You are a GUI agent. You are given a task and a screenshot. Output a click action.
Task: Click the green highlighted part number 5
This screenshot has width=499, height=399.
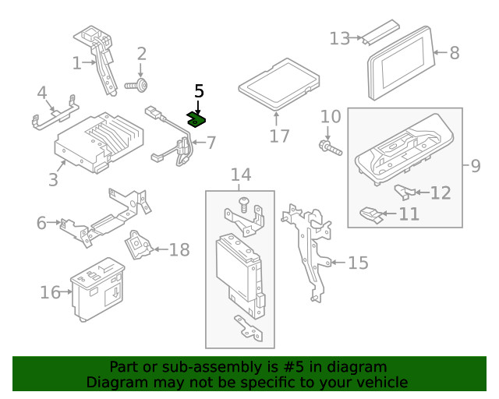(196, 119)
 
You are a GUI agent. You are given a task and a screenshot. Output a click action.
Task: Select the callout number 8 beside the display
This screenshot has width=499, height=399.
(455, 53)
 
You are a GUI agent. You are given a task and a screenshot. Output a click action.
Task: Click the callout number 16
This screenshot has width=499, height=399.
(51, 292)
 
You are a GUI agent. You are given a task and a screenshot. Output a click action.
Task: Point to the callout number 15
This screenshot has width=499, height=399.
(356, 263)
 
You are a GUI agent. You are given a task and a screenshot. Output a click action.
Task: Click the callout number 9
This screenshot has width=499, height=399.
(475, 165)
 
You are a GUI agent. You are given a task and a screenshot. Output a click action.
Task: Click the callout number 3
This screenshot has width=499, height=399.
(52, 180)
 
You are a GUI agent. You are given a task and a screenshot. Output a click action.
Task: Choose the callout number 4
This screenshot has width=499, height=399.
(43, 95)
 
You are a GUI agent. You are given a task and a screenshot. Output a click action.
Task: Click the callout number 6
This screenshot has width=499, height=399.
(41, 223)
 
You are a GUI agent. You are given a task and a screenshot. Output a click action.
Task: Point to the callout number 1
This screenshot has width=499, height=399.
(77, 62)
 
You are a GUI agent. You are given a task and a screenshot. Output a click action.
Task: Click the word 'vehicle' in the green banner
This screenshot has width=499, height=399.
(381, 383)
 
